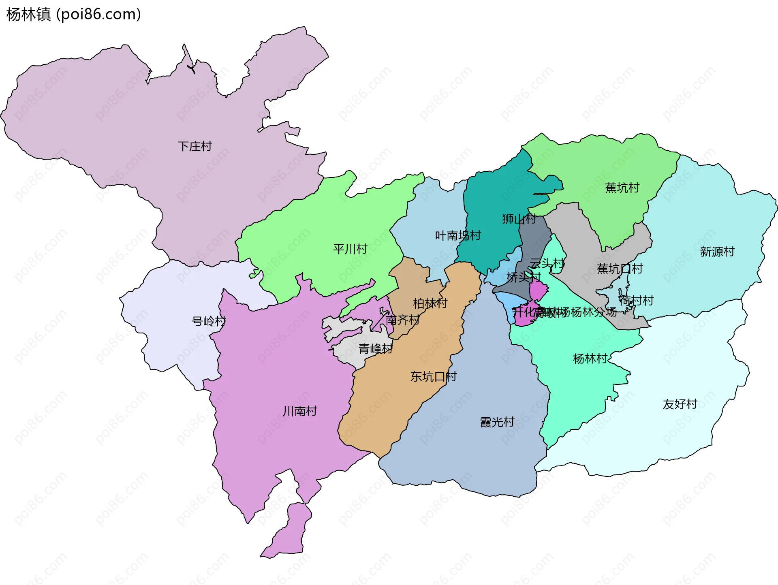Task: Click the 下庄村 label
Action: [194, 146]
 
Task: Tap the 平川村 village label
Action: [350, 249]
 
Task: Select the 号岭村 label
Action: [209, 321]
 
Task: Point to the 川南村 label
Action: [300, 411]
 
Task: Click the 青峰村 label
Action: [376, 348]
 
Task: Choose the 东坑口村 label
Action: [433, 376]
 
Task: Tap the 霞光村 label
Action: [497, 422]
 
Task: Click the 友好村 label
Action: [680, 404]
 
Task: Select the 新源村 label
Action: [717, 252]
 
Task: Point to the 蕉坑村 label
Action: [622, 188]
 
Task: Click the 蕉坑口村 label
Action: [620, 269]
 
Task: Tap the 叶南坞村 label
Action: [457, 235]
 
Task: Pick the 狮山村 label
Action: [519, 219]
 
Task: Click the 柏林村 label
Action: [430, 303]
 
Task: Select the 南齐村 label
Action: [402, 320]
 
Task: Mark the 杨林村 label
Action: [590, 359]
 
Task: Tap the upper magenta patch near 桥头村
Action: [538, 290]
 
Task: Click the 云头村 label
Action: [547, 264]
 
